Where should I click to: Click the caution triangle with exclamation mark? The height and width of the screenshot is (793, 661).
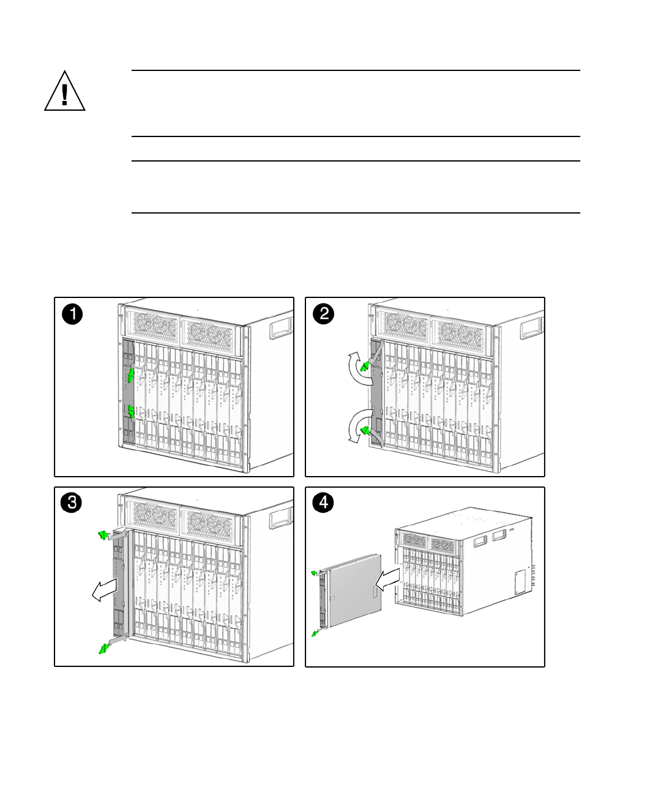pyautogui.click(x=64, y=92)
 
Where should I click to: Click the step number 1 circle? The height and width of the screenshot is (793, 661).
pyautogui.click(x=72, y=315)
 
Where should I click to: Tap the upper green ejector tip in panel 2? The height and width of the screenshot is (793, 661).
pyautogui.click(x=365, y=367)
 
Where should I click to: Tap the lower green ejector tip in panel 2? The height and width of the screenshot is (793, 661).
pyautogui.click(x=366, y=431)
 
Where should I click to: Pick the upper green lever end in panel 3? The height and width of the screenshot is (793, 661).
pyautogui.click(x=103, y=536)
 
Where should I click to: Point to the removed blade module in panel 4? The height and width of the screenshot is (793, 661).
pyautogui.click(x=352, y=590)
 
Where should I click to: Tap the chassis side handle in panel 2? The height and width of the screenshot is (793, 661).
pyautogui.click(x=531, y=328)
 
